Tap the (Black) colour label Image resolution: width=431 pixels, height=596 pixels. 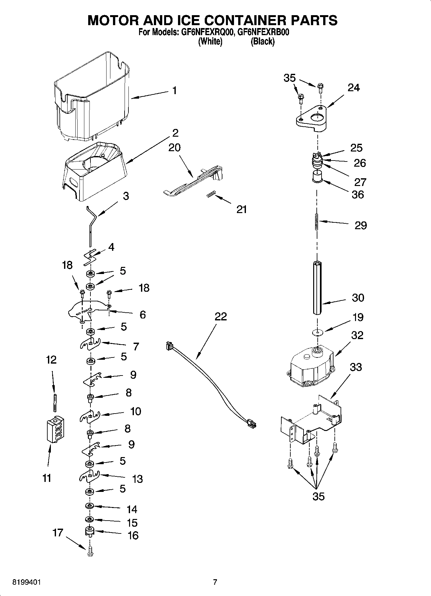click(x=262, y=42)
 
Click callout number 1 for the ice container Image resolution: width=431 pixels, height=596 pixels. click(x=174, y=91)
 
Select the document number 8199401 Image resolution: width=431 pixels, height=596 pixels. click(x=27, y=582)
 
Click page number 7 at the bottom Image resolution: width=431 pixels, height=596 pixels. click(x=215, y=582)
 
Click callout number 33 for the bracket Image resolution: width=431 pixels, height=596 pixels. click(x=355, y=367)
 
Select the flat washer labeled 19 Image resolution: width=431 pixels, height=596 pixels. click(x=317, y=332)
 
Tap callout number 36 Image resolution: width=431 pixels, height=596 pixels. click(x=358, y=194)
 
